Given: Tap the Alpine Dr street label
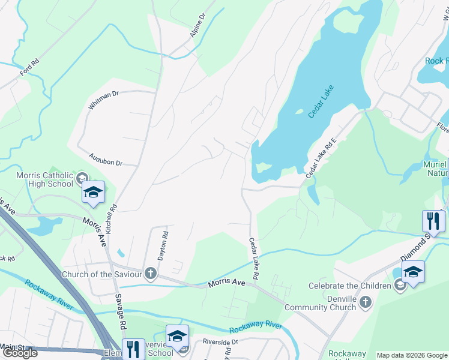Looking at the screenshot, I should [x=197, y=25].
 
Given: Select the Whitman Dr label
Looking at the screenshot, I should [x=104, y=99].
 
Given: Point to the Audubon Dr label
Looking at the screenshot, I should [x=105, y=159].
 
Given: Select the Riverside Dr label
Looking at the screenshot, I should [x=220, y=341].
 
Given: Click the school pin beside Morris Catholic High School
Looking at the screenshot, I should [x=93, y=193].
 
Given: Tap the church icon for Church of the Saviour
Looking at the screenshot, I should [x=150, y=274].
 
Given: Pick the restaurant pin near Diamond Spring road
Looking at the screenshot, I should [x=433, y=221].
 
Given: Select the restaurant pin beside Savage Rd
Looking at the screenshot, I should [x=133, y=349].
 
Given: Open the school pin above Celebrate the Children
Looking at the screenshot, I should [x=413, y=272].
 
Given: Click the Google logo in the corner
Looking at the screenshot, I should [x=20, y=353].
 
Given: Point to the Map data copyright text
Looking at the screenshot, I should [x=412, y=355].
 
